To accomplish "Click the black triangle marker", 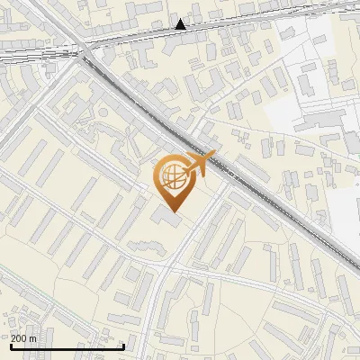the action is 181,24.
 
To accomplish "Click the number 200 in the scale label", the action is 18,338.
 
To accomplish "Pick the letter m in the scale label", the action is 32,338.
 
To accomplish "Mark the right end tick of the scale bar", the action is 123,345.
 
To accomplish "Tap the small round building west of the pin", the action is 104,112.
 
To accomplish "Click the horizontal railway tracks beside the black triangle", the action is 216,31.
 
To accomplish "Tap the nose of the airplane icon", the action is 213,155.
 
